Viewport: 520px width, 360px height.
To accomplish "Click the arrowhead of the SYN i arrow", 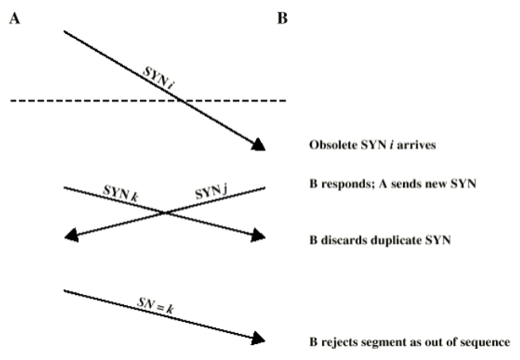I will (258, 145).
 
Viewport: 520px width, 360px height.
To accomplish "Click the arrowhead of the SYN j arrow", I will (71, 236).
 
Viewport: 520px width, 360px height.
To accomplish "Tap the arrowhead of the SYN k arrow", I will (257, 236).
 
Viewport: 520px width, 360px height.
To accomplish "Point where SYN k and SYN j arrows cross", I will (165, 212).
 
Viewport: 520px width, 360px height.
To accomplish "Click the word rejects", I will (338, 343).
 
